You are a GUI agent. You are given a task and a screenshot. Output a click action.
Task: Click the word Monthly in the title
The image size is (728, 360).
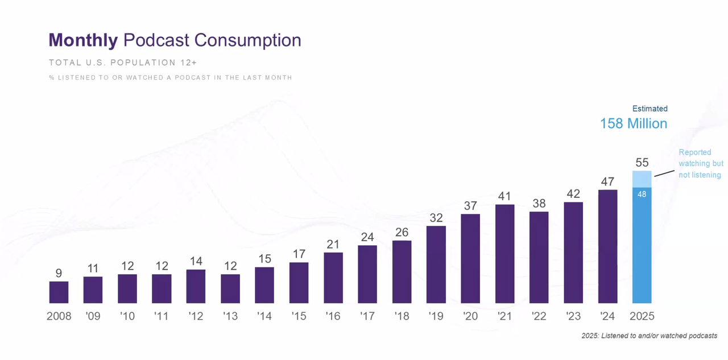coord(83,40)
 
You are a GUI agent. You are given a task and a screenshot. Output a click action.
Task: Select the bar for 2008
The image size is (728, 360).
coord(59,292)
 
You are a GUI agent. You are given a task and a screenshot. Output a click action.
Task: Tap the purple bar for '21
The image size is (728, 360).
coord(505,254)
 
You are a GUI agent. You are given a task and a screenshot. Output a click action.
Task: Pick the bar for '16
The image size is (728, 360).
coord(333,278)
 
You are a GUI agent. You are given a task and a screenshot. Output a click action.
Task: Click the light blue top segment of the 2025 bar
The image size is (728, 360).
coord(642,179)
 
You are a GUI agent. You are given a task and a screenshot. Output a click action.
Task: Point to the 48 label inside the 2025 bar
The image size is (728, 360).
coord(642,195)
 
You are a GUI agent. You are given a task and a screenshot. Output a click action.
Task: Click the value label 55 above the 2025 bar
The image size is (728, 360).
coord(642,162)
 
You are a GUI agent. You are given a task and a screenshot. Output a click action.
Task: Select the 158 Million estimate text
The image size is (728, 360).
coord(634,123)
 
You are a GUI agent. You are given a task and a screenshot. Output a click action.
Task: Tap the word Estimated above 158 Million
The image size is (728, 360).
coord(650,109)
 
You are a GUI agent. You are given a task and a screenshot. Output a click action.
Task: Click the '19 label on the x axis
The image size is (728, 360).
coord(436,316)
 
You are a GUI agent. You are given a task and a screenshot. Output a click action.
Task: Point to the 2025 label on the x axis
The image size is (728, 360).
coord(642,316)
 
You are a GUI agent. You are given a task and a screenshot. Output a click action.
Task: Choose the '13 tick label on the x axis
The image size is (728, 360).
coord(230,316)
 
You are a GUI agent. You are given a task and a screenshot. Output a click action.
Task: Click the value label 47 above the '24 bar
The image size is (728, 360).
coord(607,181)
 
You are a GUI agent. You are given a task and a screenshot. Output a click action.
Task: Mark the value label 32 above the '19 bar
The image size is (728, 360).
coord(436,218)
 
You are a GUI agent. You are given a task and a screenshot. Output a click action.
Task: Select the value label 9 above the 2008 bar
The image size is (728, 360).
coord(59,274)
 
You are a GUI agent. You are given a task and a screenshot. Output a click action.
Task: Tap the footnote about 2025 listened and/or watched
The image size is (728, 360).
coord(649,336)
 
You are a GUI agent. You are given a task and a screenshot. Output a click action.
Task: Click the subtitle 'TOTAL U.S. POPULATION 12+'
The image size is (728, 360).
coord(122,63)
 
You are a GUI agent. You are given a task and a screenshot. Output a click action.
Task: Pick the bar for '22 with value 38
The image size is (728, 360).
coord(539,257)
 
